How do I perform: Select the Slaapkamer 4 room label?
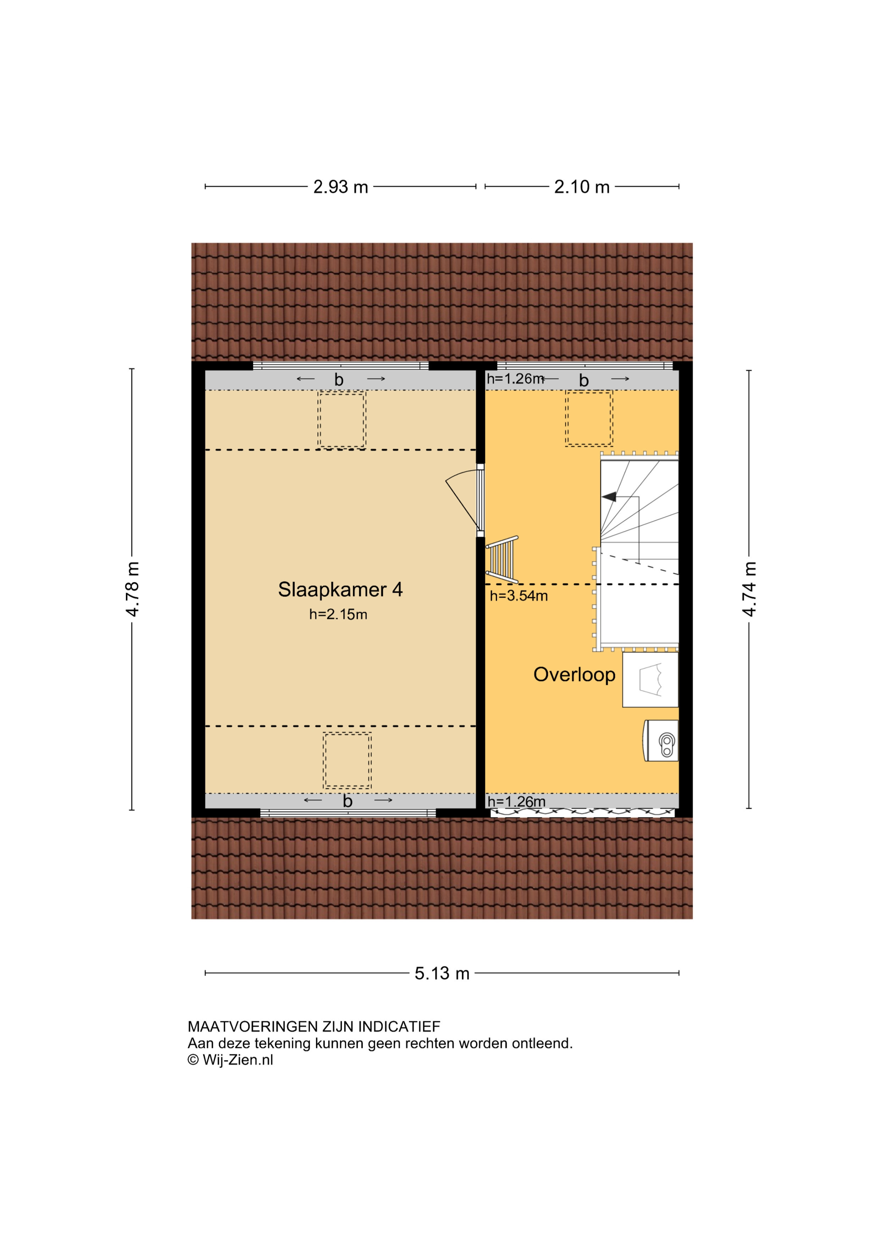point(340,590)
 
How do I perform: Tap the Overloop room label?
point(574,675)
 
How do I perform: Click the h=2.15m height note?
point(338,614)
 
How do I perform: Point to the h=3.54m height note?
point(519,596)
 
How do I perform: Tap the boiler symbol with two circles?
point(661,741)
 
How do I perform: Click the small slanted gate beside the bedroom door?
point(502,560)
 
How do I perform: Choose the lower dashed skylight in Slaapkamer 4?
point(347,761)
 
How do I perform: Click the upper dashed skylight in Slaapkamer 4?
point(342,420)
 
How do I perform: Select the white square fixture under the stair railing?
point(650,679)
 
